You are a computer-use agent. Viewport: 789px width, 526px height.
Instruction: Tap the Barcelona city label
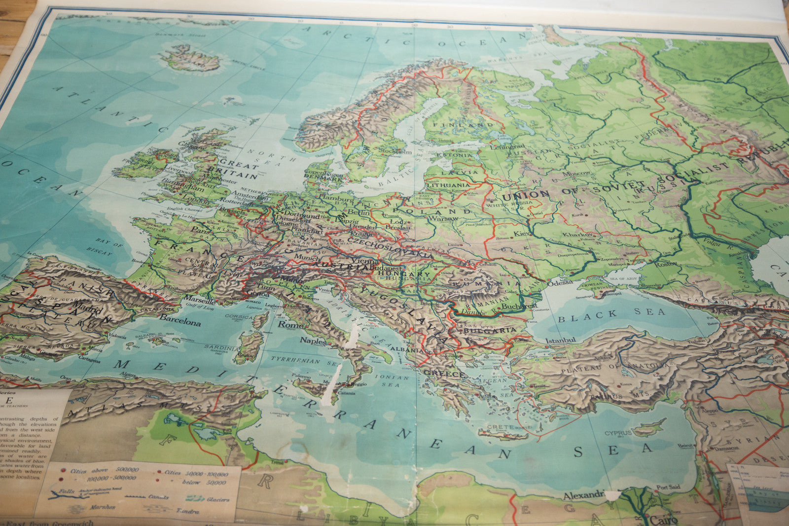(180, 322)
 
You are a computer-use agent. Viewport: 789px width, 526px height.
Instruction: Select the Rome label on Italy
(290, 325)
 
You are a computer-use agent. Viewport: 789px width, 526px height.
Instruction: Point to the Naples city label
(313, 341)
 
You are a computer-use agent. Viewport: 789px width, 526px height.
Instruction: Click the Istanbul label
(561, 340)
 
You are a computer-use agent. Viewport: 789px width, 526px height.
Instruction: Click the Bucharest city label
(519, 306)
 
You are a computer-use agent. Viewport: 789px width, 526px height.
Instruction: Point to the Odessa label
(560, 282)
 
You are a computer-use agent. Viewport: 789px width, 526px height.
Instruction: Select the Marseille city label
(199, 300)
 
